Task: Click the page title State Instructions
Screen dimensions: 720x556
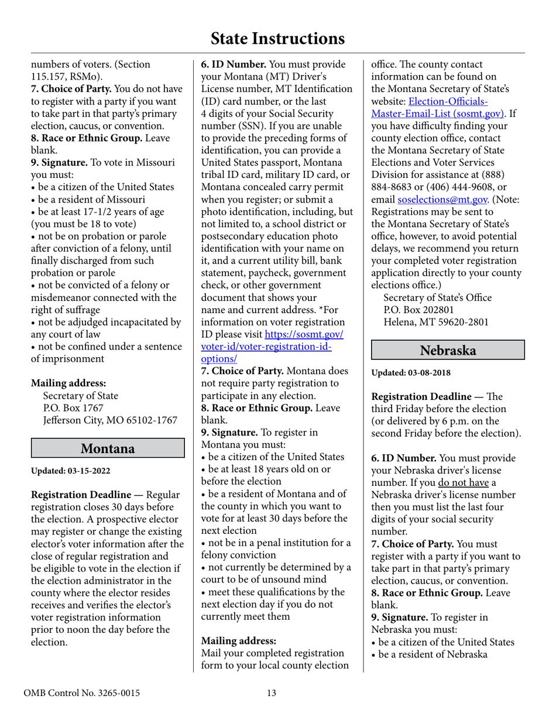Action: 277,39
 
